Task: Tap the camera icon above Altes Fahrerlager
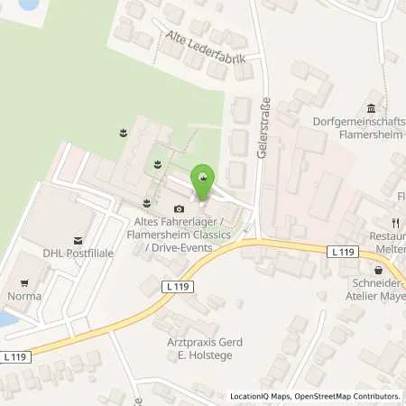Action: pos(179,209)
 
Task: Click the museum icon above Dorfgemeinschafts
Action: pos(371,108)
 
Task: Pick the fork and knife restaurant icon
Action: pos(394,222)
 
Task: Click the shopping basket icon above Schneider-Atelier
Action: pos(377,268)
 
